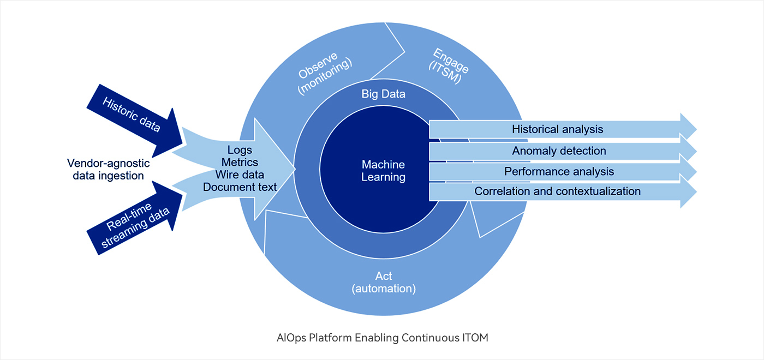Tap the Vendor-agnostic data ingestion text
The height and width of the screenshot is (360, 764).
pos(109,169)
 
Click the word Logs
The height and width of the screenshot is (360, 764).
pos(240,150)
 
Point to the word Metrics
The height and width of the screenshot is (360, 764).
pos(240,163)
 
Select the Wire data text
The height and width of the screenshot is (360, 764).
pos(240,175)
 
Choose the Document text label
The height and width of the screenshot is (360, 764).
pos(240,187)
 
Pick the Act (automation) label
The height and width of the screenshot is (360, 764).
pos(384,282)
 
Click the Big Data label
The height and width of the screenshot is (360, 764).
pos(384,94)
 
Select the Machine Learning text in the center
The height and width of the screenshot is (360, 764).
pos(384,171)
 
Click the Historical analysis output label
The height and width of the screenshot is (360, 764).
pos(557,129)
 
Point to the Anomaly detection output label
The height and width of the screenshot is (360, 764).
pos(559,151)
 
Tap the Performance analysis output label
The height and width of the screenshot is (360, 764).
pos(559,171)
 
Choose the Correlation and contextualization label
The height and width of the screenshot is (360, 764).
pos(557,191)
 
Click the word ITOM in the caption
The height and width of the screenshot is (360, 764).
pos(474,338)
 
